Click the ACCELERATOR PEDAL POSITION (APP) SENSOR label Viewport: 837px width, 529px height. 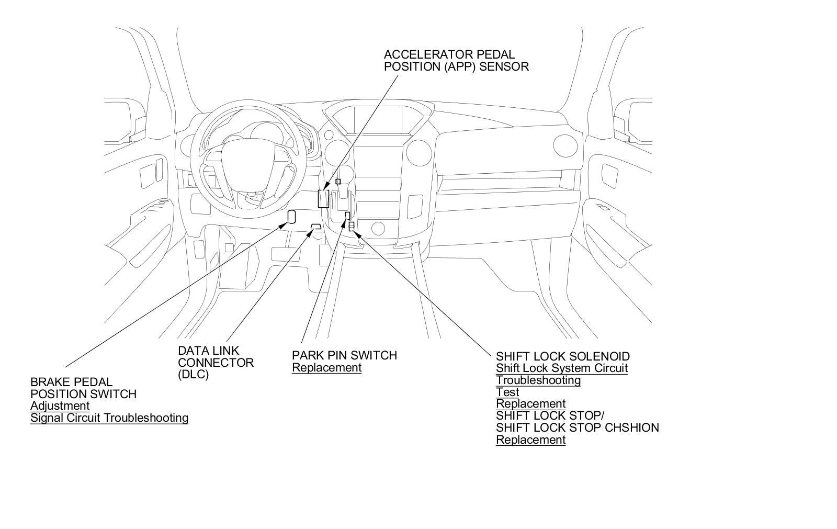tap(456, 61)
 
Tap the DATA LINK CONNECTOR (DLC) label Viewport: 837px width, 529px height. tap(216, 363)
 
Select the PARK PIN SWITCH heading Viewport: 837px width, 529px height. tap(344, 355)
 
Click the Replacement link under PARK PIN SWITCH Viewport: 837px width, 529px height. tap(326, 367)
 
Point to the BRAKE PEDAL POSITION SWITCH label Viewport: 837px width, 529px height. tap(83, 388)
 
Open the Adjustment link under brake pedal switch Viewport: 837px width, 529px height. tap(60, 406)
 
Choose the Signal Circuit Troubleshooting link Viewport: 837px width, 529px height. tap(109, 418)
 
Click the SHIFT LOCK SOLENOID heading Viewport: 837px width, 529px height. tap(562, 357)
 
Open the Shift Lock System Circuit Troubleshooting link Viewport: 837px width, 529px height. tap(561, 374)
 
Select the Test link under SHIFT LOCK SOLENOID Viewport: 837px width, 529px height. tap(507, 392)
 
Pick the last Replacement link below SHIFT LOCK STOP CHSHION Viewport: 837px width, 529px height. tap(530, 440)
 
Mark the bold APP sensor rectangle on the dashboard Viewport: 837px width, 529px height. tap(323, 199)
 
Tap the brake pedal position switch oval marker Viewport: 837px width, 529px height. tap(292, 217)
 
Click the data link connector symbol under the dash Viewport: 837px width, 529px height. tap(315, 226)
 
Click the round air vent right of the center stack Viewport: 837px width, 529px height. tap(418, 152)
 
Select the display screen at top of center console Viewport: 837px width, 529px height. tap(378, 123)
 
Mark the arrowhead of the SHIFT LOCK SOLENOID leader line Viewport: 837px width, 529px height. tap(358, 232)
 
